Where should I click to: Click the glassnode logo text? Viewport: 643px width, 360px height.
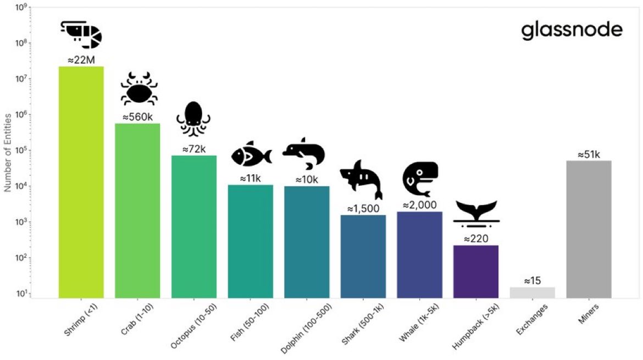point(572,31)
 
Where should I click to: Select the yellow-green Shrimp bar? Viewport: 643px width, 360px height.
point(81,181)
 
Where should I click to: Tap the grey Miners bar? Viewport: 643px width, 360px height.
point(589,229)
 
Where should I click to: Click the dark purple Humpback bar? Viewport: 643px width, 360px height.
point(476,272)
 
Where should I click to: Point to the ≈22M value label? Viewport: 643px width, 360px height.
point(81,60)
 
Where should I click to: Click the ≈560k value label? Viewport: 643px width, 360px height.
point(137,117)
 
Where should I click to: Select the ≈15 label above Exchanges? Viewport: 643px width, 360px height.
point(532,281)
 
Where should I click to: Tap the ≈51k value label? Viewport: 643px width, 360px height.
point(589,154)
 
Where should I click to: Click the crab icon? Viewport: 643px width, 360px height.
point(139,91)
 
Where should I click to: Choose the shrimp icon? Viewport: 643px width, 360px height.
point(81,35)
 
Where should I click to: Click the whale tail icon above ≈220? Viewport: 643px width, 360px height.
point(476,214)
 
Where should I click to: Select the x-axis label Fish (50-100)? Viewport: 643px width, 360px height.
point(245,324)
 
